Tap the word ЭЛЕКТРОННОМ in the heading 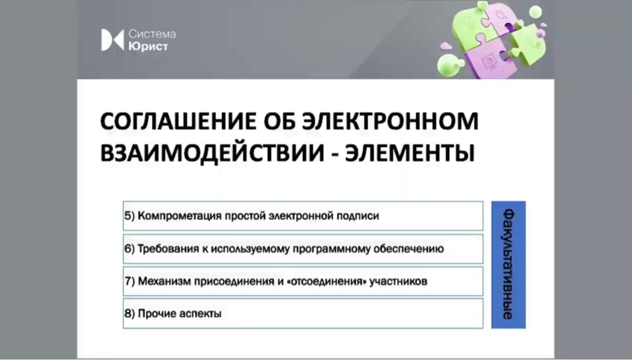[x=390, y=121]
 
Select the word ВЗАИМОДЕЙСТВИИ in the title [x=212, y=153]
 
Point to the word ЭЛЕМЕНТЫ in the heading [x=409, y=153]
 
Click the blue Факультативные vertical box [x=508, y=265]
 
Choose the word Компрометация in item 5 [x=179, y=216]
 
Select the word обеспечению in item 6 [x=409, y=249]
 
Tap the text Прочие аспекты [x=179, y=314]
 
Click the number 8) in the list [x=130, y=314]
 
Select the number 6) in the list [x=130, y=249]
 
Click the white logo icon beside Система [x=112, y=40]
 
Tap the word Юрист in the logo [x=148, y=47]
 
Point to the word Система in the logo [x=152, y=34]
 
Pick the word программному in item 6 [x=332, y=249]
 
